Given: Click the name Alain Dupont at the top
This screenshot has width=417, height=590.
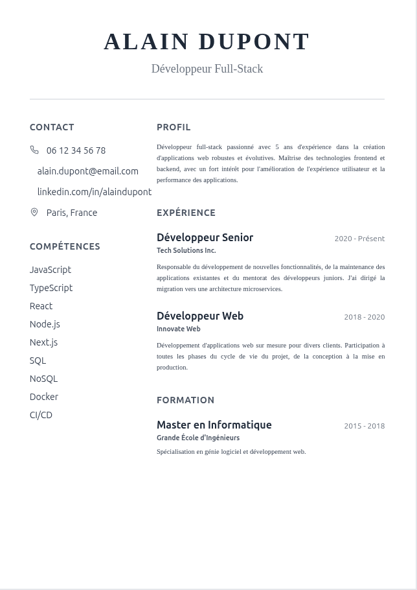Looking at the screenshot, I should [207, 41].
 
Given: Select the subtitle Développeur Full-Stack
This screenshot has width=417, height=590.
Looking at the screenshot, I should [207, 69].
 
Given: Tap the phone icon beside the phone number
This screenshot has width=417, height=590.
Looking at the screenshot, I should [34, 150].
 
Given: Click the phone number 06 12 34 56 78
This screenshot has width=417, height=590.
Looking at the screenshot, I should [76, 150].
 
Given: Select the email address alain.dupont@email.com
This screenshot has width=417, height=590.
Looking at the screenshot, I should [87, 171].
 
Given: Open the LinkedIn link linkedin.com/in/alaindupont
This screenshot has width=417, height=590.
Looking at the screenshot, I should [94, 192].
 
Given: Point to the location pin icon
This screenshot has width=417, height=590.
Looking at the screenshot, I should [34, 212].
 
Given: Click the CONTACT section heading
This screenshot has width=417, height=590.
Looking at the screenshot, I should [52, 127].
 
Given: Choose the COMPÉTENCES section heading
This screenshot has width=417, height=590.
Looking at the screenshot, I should [65, 246].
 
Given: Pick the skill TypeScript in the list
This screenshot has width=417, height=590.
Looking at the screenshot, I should [51, 288].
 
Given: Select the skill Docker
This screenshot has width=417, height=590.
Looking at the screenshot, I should [44, 397].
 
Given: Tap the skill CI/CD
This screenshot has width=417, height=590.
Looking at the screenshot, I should [41, 415].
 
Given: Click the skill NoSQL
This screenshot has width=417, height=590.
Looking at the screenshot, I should [43, 379].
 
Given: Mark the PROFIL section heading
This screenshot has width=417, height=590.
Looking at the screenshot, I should [174, 127].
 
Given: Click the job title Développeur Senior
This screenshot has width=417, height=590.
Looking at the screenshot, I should [205, 237].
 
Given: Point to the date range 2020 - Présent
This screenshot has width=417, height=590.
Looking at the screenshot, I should [359, 239].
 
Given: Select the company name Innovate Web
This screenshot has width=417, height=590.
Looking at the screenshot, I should [179, 329].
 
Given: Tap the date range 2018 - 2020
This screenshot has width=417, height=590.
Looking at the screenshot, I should [364, 317].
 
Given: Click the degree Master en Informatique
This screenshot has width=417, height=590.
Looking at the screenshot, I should [214, 425].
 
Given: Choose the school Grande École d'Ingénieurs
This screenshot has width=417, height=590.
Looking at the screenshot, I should [198, 438].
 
